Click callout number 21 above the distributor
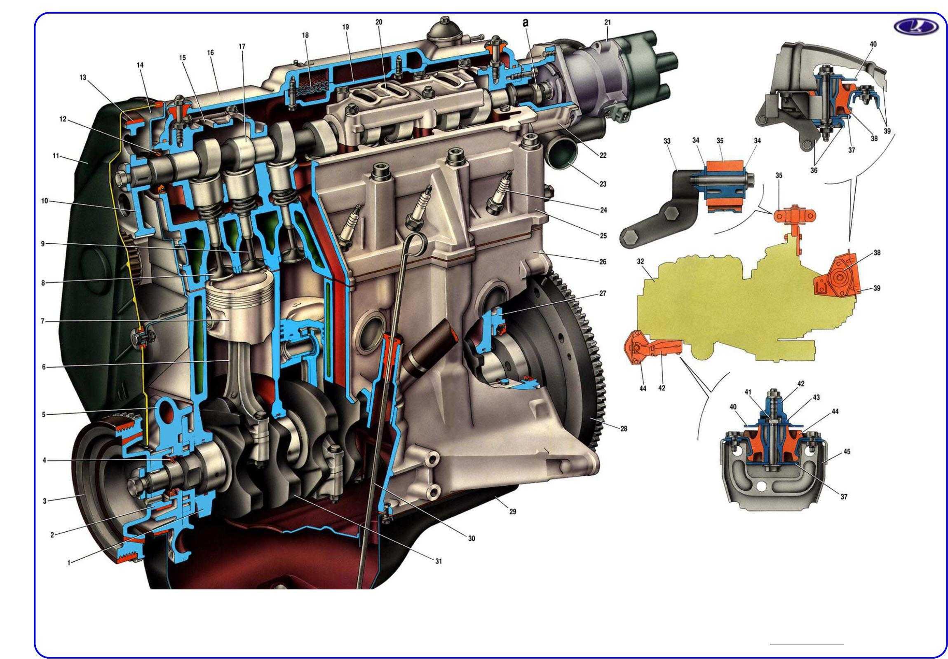[608, 23]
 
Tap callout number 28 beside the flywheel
[624, 429]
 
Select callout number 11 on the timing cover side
[56, 156]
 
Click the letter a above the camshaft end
[525, 23]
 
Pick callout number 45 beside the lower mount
[847, 451]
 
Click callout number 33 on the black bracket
[667, 141]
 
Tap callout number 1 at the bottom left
[69, 562]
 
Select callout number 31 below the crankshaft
[438, 561]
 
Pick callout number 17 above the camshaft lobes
[242, 47]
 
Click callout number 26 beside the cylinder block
[603, 262]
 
